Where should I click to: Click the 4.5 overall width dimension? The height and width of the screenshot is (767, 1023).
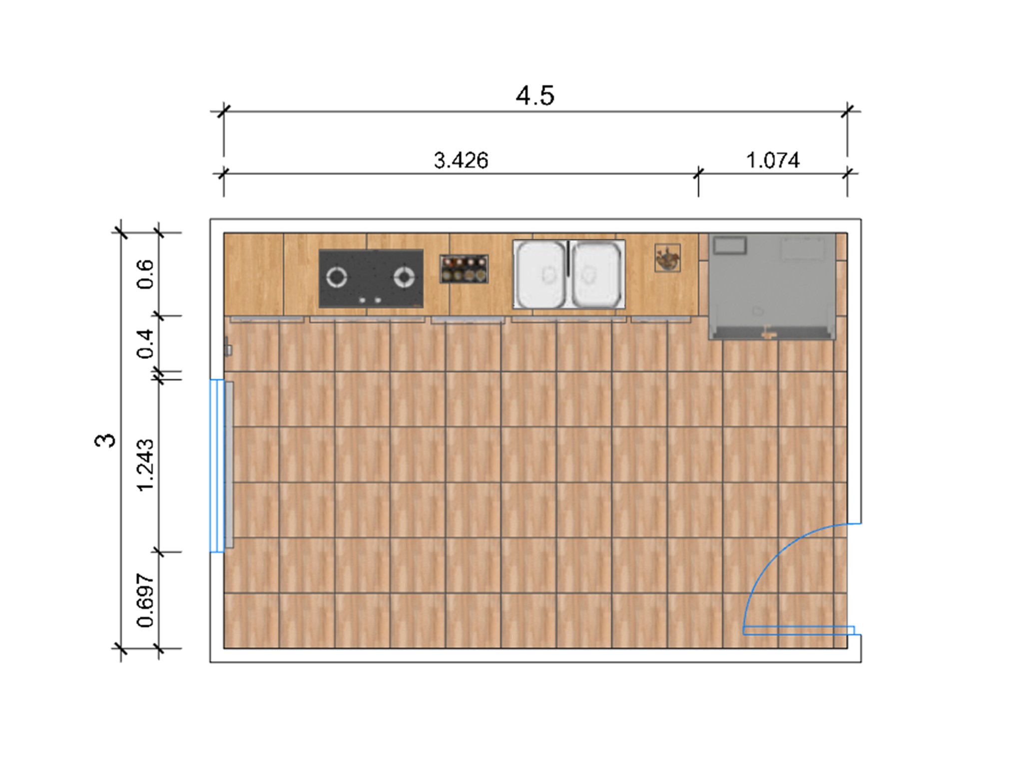click(x=535, y=95)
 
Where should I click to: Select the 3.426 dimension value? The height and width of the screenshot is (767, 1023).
click(x=461, y=160)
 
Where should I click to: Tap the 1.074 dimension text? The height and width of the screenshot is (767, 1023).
click(x=773, y=160)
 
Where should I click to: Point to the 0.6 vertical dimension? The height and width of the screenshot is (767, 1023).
click(x=145, y=274)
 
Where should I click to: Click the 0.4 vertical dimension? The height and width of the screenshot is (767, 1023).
click(x=145, y=344)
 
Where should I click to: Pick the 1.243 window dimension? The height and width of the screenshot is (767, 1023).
click(x=145, y=465)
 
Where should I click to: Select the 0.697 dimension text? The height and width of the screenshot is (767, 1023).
click(x=145, y=601)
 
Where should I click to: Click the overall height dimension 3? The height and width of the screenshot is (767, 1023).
click(x=105, y=440)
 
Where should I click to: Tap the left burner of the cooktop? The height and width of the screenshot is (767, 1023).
click(x=336, y=278)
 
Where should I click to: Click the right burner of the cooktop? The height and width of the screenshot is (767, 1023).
click(x=404, y=278)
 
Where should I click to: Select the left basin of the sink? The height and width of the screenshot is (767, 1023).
click(x=541, y=274)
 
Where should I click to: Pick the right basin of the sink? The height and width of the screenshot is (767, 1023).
click(x=597, y=274)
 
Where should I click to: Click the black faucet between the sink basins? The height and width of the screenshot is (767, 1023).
click(x=568, y=258)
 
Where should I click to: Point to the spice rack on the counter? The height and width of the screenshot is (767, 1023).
click(x=464, y=269)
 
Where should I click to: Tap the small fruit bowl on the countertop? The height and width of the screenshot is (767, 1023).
click(x=667, y=258)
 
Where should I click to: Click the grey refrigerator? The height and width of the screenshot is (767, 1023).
click(x=772, y=286)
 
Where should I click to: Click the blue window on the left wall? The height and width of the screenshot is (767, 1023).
click(x=217, y=465)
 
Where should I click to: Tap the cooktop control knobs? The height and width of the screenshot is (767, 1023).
click(x=370, y=300)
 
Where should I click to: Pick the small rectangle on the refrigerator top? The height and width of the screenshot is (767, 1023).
click(x=730, y=245)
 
